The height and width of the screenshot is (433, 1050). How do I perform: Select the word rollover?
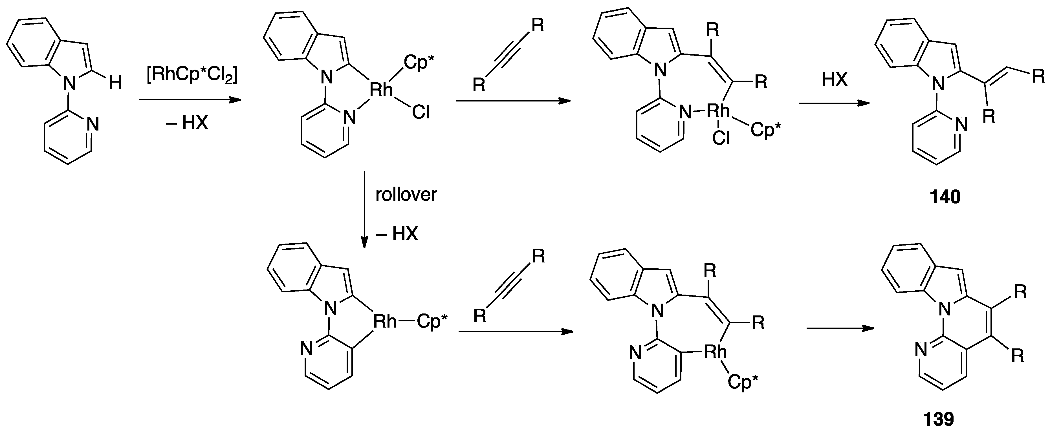406,195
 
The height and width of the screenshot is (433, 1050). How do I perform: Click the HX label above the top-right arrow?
834,79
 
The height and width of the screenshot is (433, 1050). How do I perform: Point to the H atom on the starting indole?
115,84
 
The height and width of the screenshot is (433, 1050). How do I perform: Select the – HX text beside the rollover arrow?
397,234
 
